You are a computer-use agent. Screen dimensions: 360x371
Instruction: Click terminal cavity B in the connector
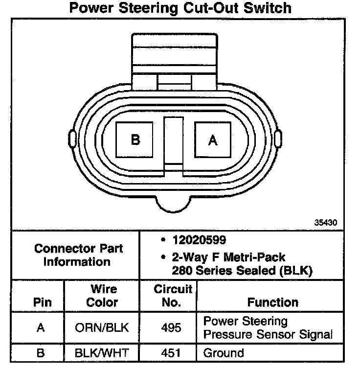pos(135,140)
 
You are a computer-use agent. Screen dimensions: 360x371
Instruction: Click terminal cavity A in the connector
pos(213,140)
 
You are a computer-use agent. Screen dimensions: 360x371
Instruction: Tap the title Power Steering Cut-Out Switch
pos(180,8)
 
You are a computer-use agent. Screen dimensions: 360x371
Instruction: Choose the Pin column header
pos(42,302)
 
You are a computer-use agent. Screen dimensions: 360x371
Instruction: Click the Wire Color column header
pos(102,296)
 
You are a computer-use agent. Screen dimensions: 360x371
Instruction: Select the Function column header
pos(272,302)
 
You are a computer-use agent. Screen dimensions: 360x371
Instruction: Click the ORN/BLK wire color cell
pos(102,328)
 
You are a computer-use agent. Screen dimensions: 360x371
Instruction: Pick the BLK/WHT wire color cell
pos(102,352)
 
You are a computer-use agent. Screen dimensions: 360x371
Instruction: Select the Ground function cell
pos(224,352)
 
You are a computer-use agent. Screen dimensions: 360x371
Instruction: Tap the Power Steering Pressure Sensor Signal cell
pos(268,328)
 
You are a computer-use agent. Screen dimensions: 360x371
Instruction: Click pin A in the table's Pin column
pos(41,328)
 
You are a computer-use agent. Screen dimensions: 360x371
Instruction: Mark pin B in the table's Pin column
pos(41,352)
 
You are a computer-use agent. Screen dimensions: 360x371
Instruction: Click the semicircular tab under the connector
pos(174,203)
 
